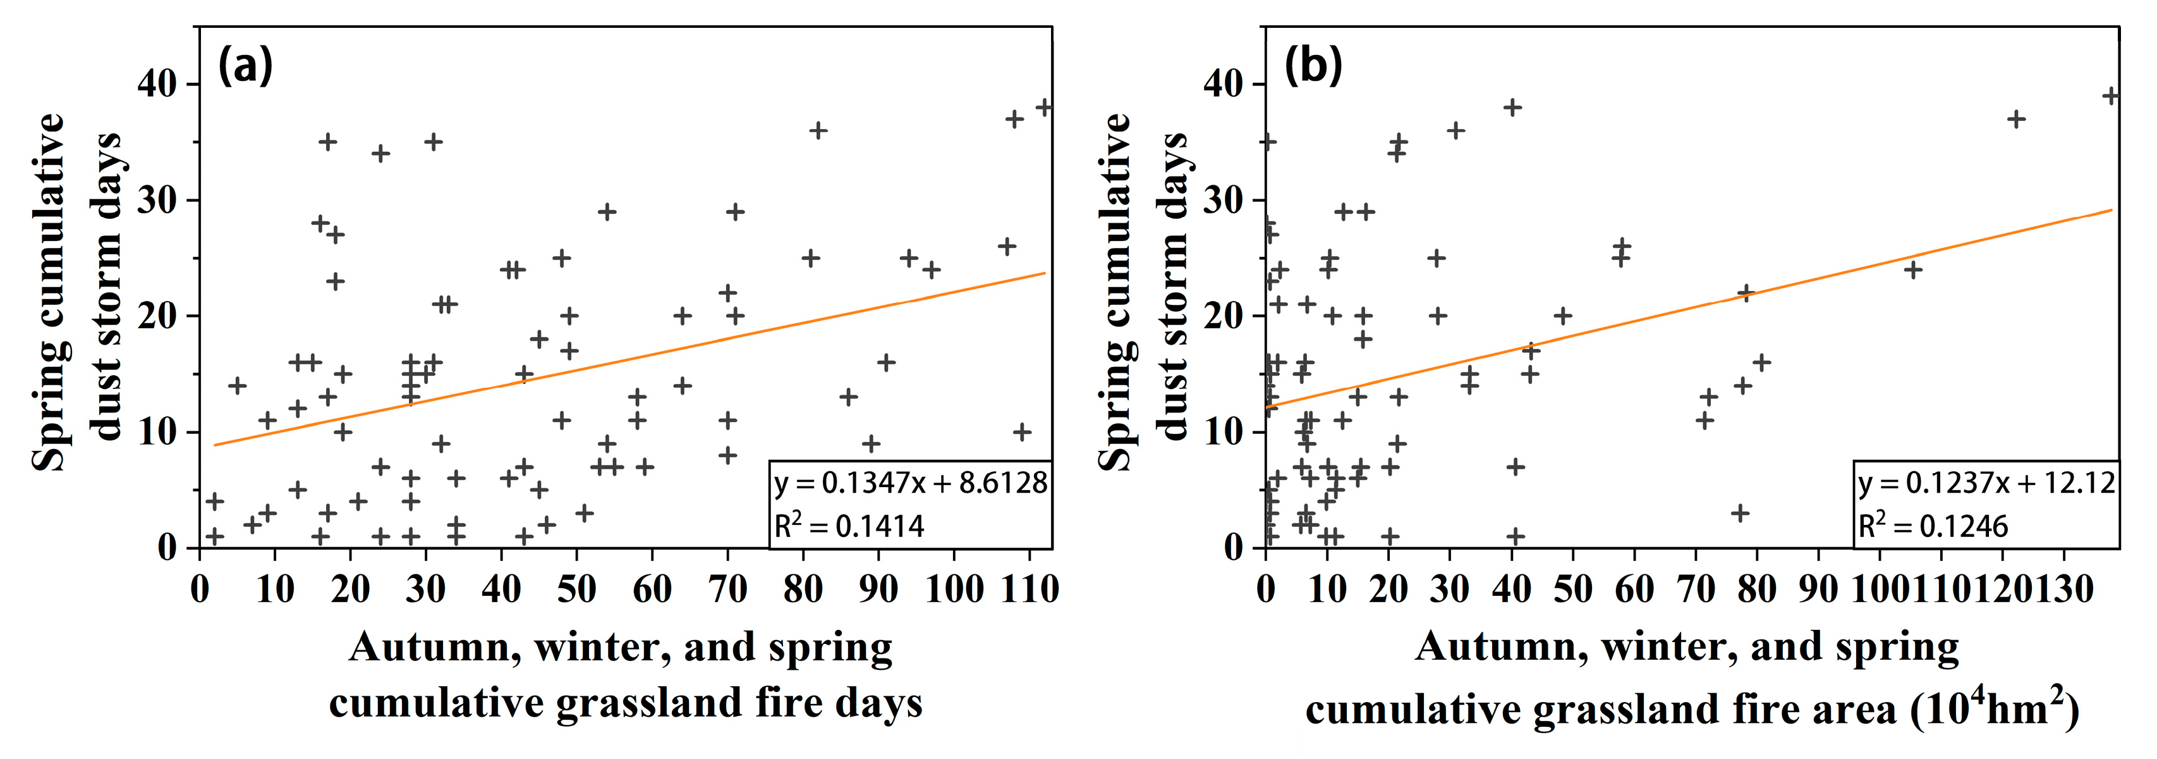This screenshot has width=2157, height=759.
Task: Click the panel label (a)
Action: (245, 65)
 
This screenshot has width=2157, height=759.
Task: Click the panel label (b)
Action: (1313, 65)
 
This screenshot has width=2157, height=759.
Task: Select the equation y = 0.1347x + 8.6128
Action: (910, 483)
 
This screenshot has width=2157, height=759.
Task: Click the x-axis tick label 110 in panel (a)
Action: (1030, 589)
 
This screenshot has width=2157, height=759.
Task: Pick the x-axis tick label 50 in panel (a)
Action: (576, 589)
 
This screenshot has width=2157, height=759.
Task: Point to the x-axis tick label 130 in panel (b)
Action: (2063, 589)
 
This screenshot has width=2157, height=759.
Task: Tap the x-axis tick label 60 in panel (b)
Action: (1634, 589)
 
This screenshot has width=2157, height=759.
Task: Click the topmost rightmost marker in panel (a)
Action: (1044, 108)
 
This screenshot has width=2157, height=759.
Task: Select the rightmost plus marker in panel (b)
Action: (2111, 96)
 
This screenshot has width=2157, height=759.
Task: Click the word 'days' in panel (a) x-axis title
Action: (878, 703)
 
